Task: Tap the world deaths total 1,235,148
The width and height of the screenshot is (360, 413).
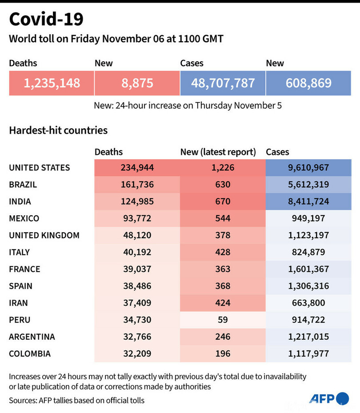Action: click(52, 83)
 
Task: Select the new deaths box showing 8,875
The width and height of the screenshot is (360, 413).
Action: click(137, 83)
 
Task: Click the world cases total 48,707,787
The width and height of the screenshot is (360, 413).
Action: click(223, 83)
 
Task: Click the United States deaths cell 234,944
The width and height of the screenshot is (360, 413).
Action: click(137, 168)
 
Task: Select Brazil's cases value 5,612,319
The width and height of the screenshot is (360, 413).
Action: click(308, 185)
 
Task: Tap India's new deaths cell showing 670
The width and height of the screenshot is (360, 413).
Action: click(222, 202)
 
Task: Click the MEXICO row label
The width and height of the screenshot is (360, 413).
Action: click(24, 218)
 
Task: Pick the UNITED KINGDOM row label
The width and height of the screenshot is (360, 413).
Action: click(44, 235)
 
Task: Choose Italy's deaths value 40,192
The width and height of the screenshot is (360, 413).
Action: click(137, 252)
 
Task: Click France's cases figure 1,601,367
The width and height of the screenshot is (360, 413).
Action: click(308, 269)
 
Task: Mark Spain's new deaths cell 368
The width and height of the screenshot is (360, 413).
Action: click(222, 286)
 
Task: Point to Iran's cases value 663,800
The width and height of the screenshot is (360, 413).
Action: click(308, 303)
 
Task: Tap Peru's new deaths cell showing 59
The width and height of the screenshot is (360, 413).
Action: click(222, 320)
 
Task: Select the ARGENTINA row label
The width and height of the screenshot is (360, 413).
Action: click(32, 337)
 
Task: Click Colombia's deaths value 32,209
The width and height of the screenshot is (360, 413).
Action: click(137, 353)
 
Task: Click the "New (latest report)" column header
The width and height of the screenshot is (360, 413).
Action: click(218, 152)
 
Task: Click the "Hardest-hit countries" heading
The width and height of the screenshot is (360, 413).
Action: click(58, 131)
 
